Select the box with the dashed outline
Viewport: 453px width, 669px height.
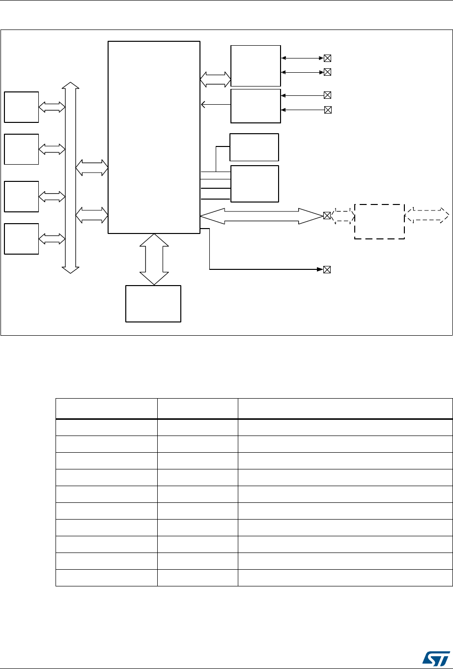pos(379,221)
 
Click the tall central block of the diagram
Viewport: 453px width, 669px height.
pos(154,137)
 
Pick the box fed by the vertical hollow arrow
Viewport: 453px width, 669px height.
pos(153,303)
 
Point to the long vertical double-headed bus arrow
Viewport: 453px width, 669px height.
pos(71,177)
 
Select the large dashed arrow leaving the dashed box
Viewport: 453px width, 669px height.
pos(427,214)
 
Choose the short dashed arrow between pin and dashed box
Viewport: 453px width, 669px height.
pos(343,216)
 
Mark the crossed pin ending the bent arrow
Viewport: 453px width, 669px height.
pos(327,269)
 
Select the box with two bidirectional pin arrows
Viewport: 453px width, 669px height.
pos(255,65)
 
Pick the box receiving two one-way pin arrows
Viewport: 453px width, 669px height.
pos(255,106)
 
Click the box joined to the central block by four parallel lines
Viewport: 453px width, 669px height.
pos(255,183)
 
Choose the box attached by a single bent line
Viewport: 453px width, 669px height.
pos(254,147)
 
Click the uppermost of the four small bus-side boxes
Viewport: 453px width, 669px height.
pos(22,107)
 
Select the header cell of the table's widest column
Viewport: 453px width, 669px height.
pos(344,408)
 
